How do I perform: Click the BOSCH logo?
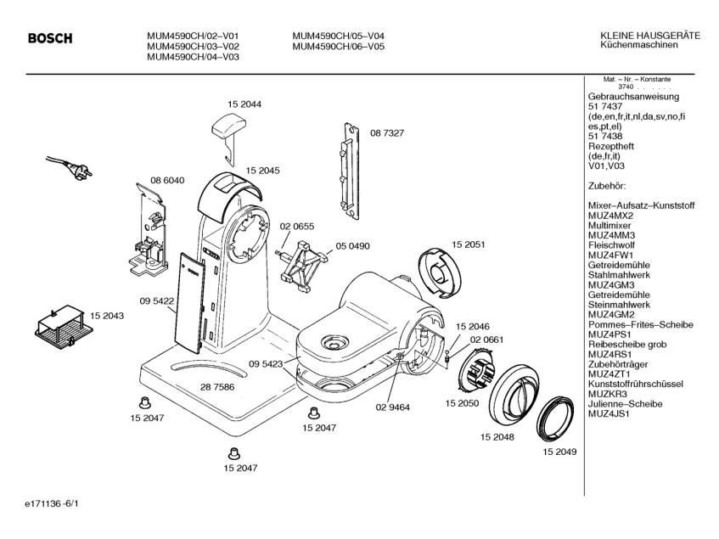50,38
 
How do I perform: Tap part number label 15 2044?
244,104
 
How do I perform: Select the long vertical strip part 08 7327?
351,171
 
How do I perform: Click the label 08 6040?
167,180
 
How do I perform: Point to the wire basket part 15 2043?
64,326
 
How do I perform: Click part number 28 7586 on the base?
217,387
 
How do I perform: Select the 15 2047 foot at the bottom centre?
234,453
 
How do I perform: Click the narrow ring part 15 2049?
555,418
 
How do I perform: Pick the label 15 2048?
497,437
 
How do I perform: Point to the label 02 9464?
392,407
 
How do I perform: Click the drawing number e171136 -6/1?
52,503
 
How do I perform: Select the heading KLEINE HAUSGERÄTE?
650,36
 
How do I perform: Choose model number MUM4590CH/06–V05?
339,47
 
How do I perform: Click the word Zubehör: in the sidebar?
607,186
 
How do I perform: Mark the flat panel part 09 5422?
190,303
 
